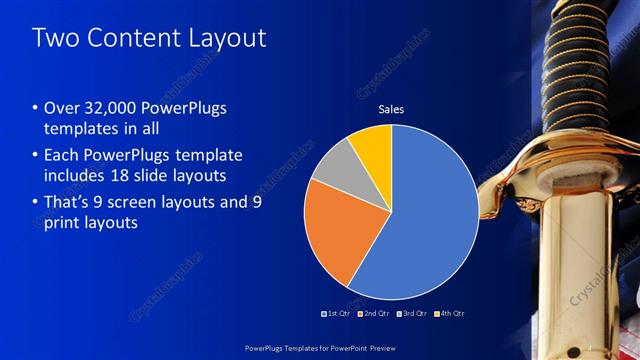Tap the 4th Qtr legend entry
(x=450, y=313)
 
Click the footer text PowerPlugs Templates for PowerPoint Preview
(x=319, y=348)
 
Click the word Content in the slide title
(x=136, y=39)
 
